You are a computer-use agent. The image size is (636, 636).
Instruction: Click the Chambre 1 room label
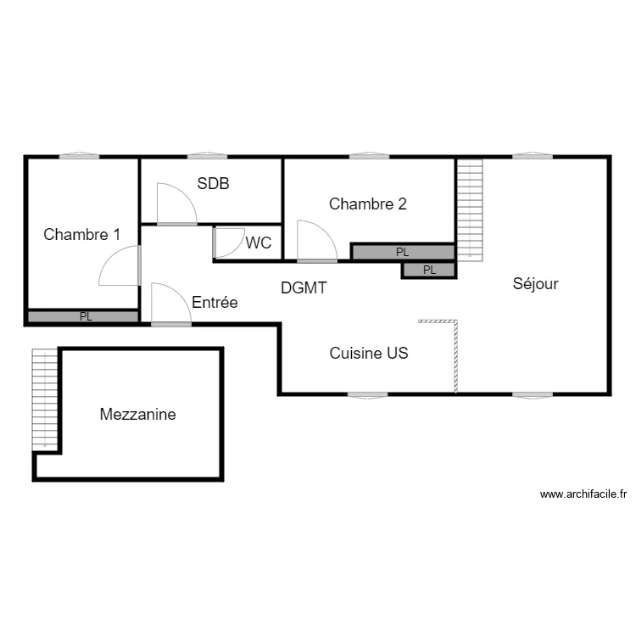81,234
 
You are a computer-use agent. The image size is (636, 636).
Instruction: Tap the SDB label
214,183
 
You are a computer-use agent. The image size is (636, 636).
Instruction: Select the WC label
259,243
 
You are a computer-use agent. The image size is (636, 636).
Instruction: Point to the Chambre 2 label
368,204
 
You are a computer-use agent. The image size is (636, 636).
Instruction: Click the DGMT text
304,288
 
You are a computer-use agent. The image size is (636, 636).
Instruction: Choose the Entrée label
215,302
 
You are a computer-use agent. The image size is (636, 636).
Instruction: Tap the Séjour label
535,284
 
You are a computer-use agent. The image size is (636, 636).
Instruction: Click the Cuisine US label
369,354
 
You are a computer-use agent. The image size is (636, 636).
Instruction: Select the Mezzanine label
137,415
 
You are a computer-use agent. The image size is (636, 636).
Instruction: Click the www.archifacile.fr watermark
583,494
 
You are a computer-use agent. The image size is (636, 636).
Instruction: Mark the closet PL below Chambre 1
83,317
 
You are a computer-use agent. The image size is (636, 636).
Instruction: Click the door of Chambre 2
317,241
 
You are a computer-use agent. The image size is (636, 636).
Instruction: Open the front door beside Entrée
170,304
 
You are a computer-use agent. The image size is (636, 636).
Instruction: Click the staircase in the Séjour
469,209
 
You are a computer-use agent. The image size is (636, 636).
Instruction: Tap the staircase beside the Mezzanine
44,399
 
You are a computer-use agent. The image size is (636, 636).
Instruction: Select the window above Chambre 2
369,156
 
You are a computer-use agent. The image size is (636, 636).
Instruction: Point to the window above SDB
206,156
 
